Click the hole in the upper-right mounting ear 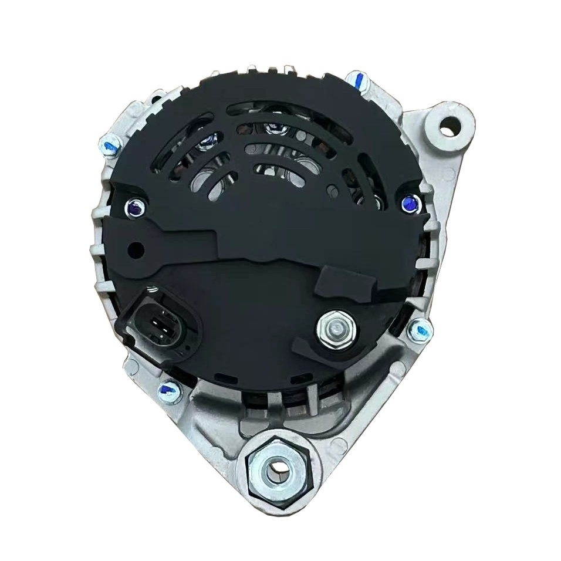click(x=449, y=124)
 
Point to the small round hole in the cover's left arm click(x=137, y=249)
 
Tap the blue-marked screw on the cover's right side click(x=408, y=203)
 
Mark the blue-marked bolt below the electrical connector click(x=170, y=388)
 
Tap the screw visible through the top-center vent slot click(x=272, y=128)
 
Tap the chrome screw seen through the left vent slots click(x=208, y=141)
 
